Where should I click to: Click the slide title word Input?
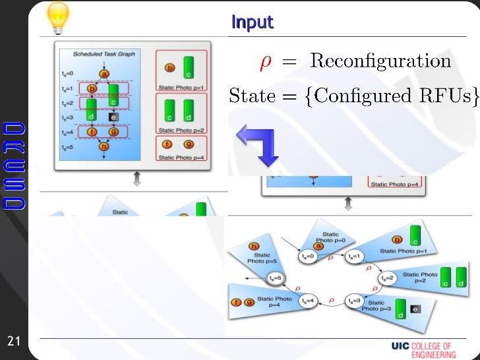[x=252, y=22]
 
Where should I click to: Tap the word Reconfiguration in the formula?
[x=380, y=62]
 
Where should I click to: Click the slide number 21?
[x=14, y=341]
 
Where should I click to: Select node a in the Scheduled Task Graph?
[x=104, y=73]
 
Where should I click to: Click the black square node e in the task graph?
[x=113, y=117]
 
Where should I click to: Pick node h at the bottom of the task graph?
[x=104, y=147]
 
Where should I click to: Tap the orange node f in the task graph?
[x=92, y=132]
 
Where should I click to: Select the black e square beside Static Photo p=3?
[x=415, y=308]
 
